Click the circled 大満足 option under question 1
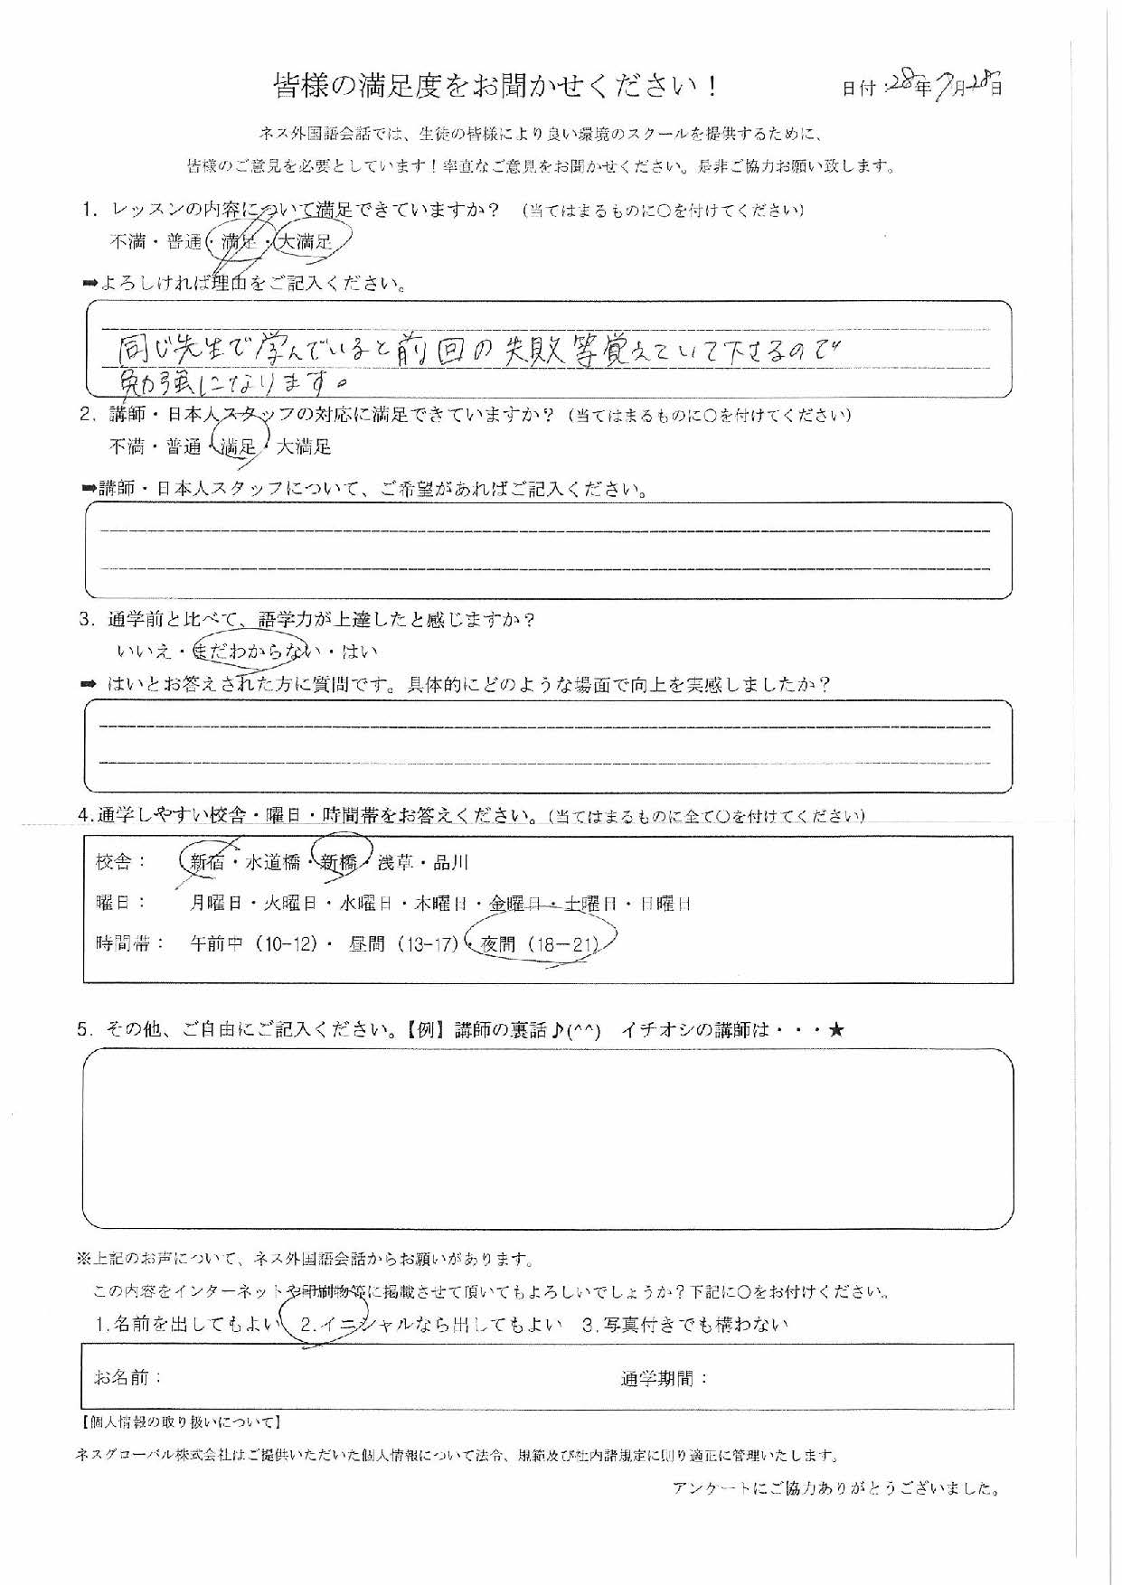point(306,242)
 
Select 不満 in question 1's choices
point(127,242)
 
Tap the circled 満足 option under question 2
point(239,446)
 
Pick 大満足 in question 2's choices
point(304,446)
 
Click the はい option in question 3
point(360,651)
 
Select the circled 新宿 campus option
point(206,862)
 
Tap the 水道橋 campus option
point(273,862)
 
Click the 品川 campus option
point(450,862)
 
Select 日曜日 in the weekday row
point(665,903)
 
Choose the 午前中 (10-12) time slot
point(254,945)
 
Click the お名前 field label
point(127,1377)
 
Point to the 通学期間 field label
point(665,1378)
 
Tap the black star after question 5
point(835,1029)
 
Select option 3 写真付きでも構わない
point(685,1325)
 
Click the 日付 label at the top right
point(859,89)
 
